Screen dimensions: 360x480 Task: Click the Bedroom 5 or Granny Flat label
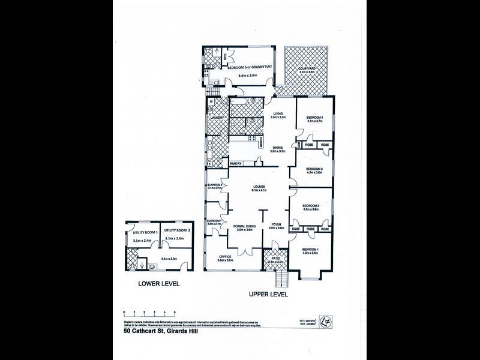point(247,68)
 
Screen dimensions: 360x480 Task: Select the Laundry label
point(217,118)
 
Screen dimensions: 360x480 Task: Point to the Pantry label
point(235,162)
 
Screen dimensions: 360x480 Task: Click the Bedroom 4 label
point(314,117)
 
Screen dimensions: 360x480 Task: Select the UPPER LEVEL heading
point(268,295)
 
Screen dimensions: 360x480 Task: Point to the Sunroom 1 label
point(214,221)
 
